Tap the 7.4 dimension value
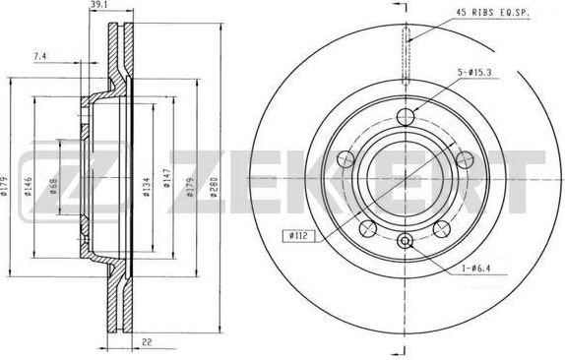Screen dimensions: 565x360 coord(40,56)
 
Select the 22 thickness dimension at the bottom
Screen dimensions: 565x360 coord(147,343)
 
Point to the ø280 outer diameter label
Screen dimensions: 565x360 coord(214,187)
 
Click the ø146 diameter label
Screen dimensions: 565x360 coord(28,187)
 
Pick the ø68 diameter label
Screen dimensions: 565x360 coord(54,187)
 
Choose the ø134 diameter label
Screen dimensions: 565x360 coord(146,187)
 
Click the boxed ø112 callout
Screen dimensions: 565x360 coord(298,236)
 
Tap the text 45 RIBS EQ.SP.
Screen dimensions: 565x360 coord(492,12)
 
